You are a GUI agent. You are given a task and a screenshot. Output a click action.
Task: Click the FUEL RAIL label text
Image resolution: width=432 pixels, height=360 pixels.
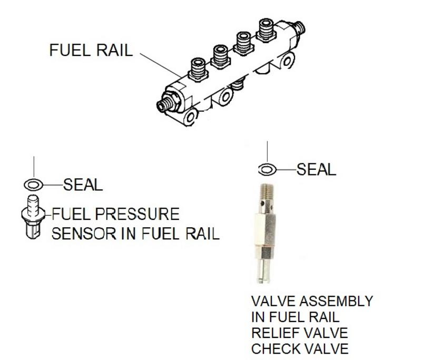[x=91, y=51]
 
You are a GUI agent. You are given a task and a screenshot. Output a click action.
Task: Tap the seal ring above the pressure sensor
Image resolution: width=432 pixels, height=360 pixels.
[x=33, y=185]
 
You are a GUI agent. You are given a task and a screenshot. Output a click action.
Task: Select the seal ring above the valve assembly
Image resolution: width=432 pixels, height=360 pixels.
[x=267, y=169]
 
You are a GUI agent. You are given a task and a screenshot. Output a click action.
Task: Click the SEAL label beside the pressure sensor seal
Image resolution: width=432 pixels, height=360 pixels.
[x=83, y=185]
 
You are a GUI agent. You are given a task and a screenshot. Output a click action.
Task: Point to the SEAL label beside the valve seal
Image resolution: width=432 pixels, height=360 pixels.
[x=316, y=169]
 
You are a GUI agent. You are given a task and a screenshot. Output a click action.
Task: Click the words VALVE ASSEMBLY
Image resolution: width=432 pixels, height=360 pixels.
[x=312, y=301]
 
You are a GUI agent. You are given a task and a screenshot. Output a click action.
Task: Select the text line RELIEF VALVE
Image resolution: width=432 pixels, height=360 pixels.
[x=299, y=333]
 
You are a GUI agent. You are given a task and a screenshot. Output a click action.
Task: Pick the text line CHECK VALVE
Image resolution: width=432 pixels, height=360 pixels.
[x=299, y=349]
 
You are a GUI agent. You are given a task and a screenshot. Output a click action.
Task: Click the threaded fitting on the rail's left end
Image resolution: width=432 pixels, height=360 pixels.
[x=168, y=102]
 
